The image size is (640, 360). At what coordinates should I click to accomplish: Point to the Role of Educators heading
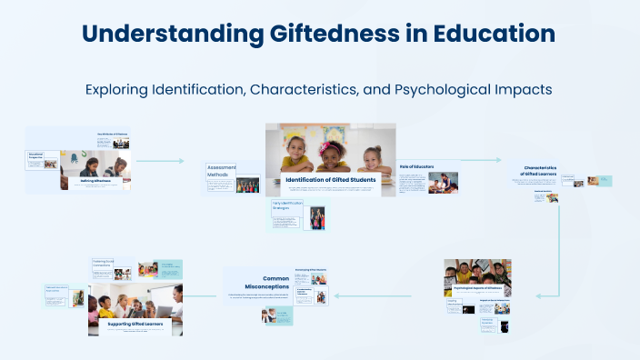[416, 166]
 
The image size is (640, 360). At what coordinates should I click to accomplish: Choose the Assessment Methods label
[221, 171]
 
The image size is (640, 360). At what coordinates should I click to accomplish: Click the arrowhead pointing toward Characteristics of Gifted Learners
[498, 160]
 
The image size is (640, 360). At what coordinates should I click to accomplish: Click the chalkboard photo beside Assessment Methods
[247, 185]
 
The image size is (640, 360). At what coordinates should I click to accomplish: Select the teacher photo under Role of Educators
[443, 182]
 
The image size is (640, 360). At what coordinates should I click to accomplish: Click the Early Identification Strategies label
[286, 205]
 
